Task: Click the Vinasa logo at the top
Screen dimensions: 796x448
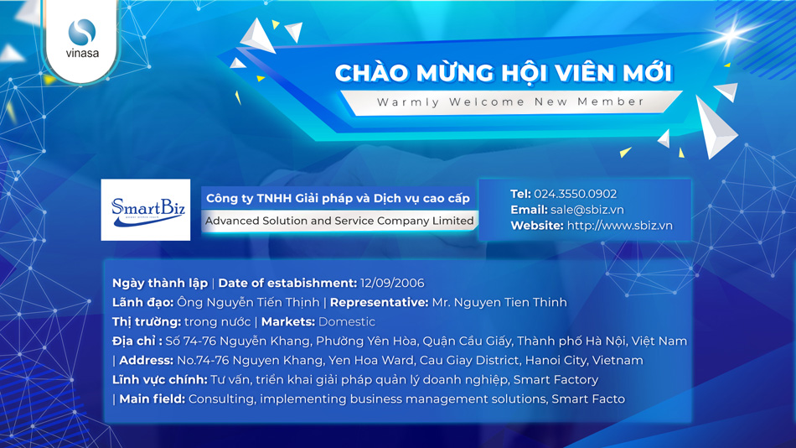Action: (82, 38)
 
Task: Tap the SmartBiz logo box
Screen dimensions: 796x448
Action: (146, 210)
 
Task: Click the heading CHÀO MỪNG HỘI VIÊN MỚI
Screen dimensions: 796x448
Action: (504, 72)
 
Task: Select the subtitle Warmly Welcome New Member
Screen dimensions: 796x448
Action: (511, 102)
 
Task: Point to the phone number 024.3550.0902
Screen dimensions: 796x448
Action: (575, 194)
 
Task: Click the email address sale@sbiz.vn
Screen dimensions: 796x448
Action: (587, 210)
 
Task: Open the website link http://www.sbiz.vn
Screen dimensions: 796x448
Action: (619, 226)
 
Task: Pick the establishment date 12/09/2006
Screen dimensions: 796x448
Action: (392, 283)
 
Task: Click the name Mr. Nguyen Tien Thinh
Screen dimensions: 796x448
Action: (499, 302)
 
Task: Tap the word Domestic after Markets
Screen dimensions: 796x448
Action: (347, 321)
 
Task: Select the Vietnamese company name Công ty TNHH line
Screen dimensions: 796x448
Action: (338, 198)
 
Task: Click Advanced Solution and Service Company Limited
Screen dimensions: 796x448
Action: (339, 221)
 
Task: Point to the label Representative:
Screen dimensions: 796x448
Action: (380, 302)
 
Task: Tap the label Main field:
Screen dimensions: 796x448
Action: (152, 399)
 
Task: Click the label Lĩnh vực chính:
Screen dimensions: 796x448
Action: (159, 379)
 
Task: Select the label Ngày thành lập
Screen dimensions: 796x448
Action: (160, 283)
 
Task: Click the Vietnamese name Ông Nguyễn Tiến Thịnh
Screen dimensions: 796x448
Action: (248, 302)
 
